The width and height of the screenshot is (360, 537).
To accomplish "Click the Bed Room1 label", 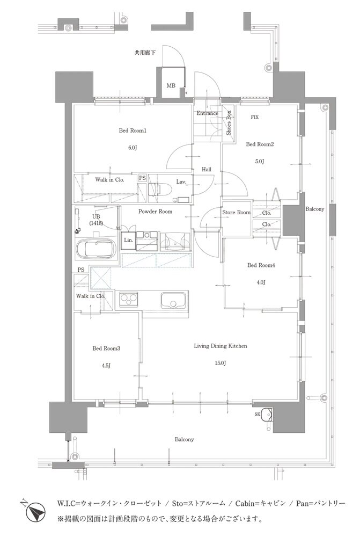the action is coord(133,130).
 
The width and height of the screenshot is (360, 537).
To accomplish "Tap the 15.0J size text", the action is coord(221,363).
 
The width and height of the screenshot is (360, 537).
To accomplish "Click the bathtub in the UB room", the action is coord(96,249).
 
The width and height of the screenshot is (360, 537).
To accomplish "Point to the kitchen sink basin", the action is coord(174,301).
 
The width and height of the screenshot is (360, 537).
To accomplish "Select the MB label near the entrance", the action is coord(171,85).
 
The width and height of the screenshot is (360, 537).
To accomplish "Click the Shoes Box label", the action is coord(229,122).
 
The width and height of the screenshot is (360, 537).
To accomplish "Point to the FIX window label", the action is coord(255,117).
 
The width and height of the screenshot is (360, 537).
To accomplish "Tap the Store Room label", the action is coord(237,212).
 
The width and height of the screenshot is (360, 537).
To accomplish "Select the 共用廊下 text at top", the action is coord(145,53).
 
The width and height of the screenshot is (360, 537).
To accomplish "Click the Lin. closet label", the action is coord(129,240).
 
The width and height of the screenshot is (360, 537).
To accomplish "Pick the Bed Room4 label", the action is coord(261,265).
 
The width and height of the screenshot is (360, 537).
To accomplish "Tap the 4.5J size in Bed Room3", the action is coord(106,365).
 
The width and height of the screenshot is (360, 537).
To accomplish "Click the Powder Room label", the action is coord(156,212).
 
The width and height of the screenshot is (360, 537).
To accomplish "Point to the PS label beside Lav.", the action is coord(142,178).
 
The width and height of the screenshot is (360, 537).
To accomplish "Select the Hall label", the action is coord(207,169).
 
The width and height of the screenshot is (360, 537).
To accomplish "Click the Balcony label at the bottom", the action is coord(184,439).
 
